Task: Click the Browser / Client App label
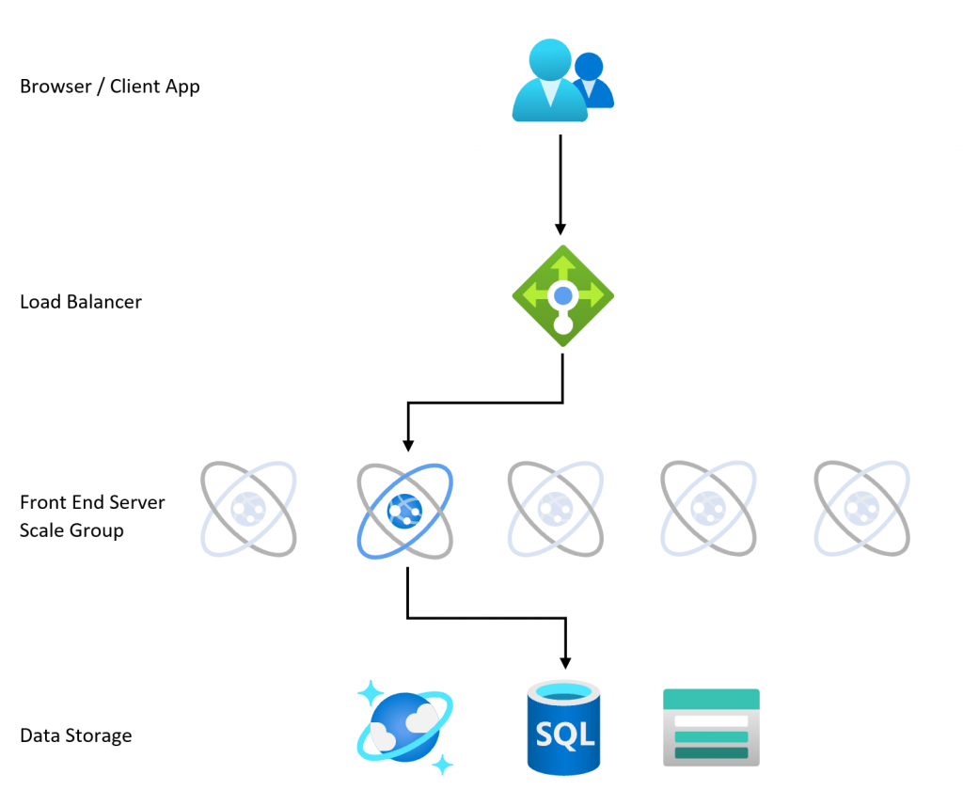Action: coord(109,87)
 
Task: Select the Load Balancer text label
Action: coord(81,302)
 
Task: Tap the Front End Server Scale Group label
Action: coord(91,516)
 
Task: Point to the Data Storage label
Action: coord(75,735)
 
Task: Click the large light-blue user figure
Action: coord(547,82)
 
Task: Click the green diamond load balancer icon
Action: coord(562,295)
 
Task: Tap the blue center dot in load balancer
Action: coord(562,296)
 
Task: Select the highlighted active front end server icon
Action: coord(405,509)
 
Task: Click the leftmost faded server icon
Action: coord(249,509)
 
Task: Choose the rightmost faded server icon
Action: coord(861,509)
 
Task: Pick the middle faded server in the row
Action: coord(556,509)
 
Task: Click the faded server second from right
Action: coord(708,509)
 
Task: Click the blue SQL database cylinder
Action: coord(563,728)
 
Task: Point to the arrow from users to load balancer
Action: coord(561,183)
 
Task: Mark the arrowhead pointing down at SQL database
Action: coord(564,660)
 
